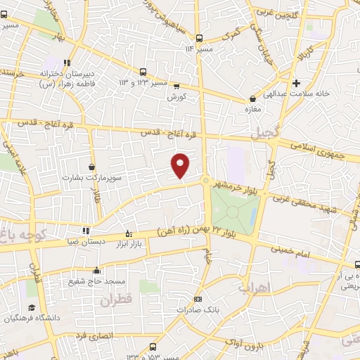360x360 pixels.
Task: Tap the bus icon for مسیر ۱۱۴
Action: [200, 38]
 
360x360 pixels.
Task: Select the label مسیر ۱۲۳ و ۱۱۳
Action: [122, 82]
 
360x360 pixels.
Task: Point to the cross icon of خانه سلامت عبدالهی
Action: [296, 82]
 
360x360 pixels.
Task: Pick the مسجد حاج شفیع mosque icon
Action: [96, 270]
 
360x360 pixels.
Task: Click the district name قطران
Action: [116, 301]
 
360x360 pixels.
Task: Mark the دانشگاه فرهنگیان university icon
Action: [32, 308]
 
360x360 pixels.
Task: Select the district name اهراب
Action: [254, 288]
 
